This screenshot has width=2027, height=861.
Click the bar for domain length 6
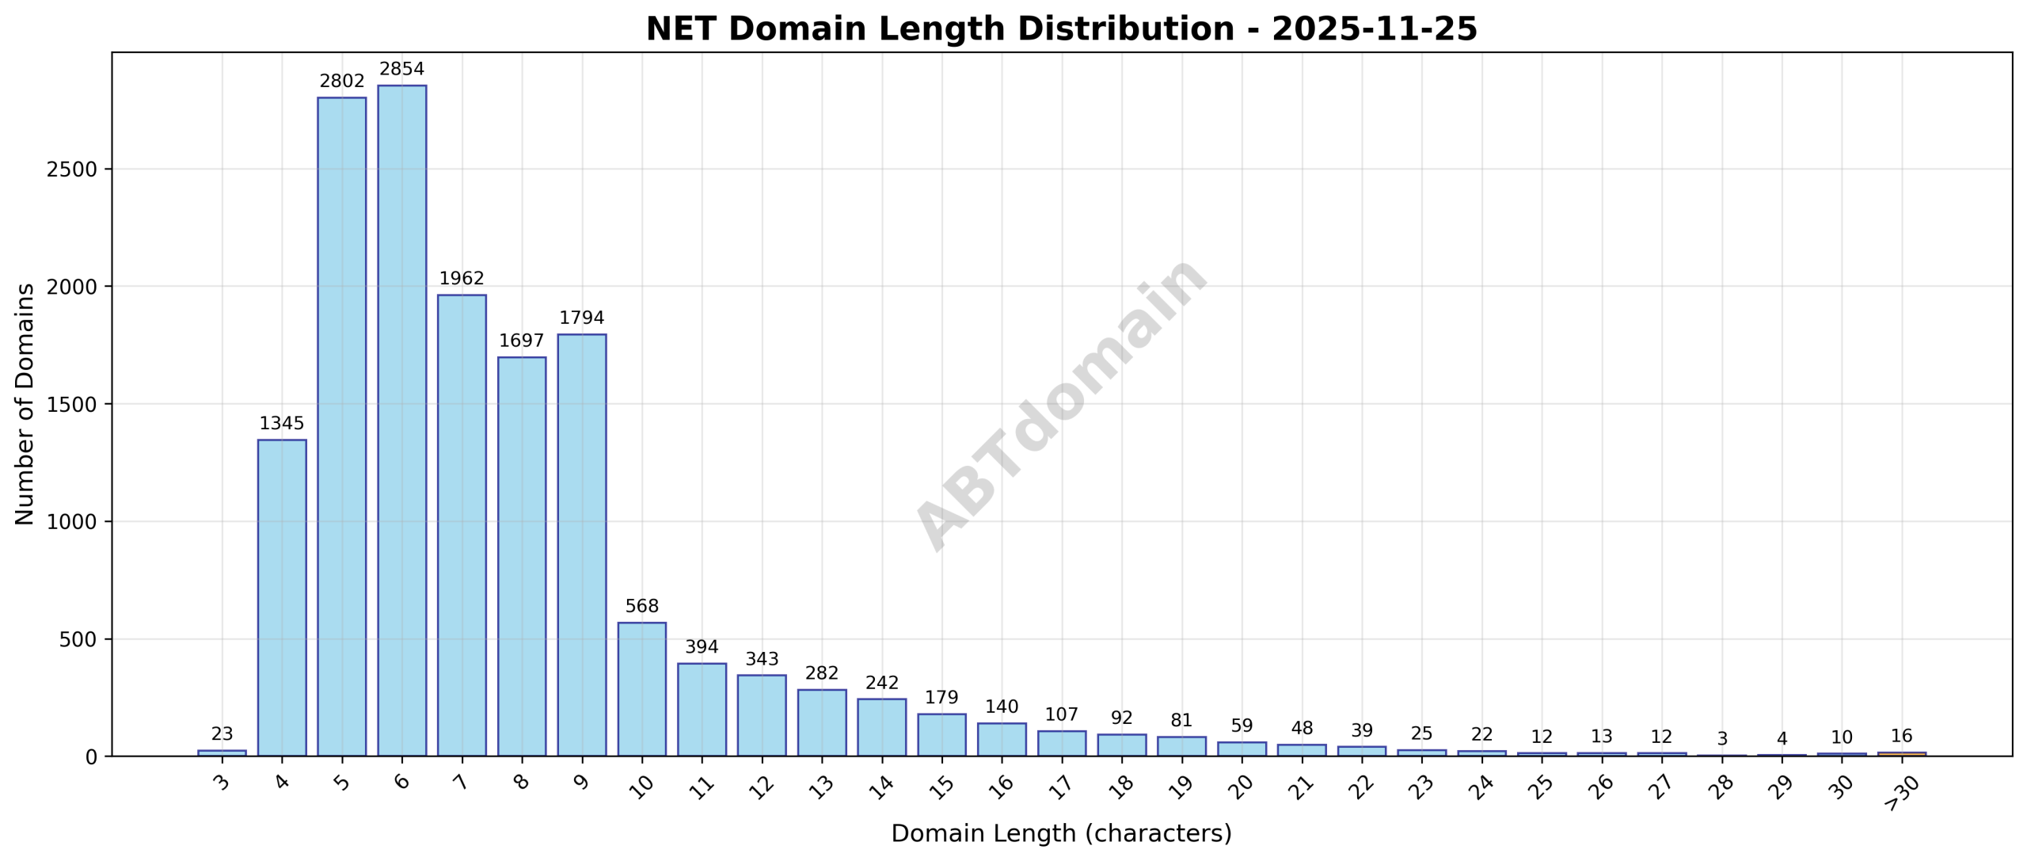(x=401, y=420)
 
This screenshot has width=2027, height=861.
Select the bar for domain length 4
(x=282, y=597)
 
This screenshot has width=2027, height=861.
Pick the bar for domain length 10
(x=641, y=689)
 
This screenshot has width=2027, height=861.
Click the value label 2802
(x=342, y=82)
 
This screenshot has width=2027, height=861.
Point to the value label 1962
(x=462, y=279)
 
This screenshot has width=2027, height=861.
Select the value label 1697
(x=522, y=341)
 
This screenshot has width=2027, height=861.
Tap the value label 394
(x=702, y=647)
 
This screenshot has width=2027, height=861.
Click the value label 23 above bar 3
(x=222, y=734)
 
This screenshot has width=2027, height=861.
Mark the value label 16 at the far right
(x=1901, y=737)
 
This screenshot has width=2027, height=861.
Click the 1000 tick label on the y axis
(x=71, y=523)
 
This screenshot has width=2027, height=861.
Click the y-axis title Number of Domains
(x=25, y=404)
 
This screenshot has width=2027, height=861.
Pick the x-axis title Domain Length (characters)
(x=1061, y=834)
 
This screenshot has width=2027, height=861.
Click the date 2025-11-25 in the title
(x=1374, y=29)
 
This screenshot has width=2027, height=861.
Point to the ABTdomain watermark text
(x=1061, y=404)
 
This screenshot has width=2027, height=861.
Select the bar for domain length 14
(x=881, y=727)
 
